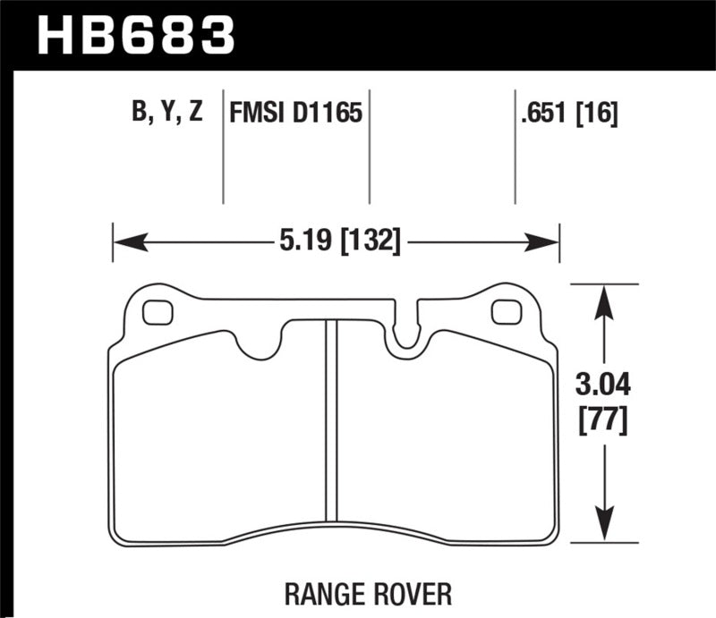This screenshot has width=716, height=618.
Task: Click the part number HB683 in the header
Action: pyautogui.click(x=134, y=35)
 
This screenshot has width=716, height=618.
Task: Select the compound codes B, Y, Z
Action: pyautogui.click(x=166, y=114)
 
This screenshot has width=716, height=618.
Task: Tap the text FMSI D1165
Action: pyautogui.click(x=295, y=114)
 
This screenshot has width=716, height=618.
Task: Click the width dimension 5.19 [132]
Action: pyautogui.click(x=336, y=241)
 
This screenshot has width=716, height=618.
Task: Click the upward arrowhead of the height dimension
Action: pyautogui.click(x=606, y=301)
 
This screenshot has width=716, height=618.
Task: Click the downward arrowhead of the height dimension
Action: pyautogui.click(x=606, y=528)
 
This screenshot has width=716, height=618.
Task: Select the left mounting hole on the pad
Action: pyautogui.click(x=158, y=312)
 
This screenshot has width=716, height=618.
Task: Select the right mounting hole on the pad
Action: pyautogui.click(x=506, y=312)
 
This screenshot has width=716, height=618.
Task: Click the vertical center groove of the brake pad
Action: pyautogui.click(x=330, y=420)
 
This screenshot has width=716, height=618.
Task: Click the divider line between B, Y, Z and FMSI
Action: pyautogui.click(x=223, y=148)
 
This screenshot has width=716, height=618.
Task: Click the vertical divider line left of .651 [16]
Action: pyautogui.click(x=515, y=148)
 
